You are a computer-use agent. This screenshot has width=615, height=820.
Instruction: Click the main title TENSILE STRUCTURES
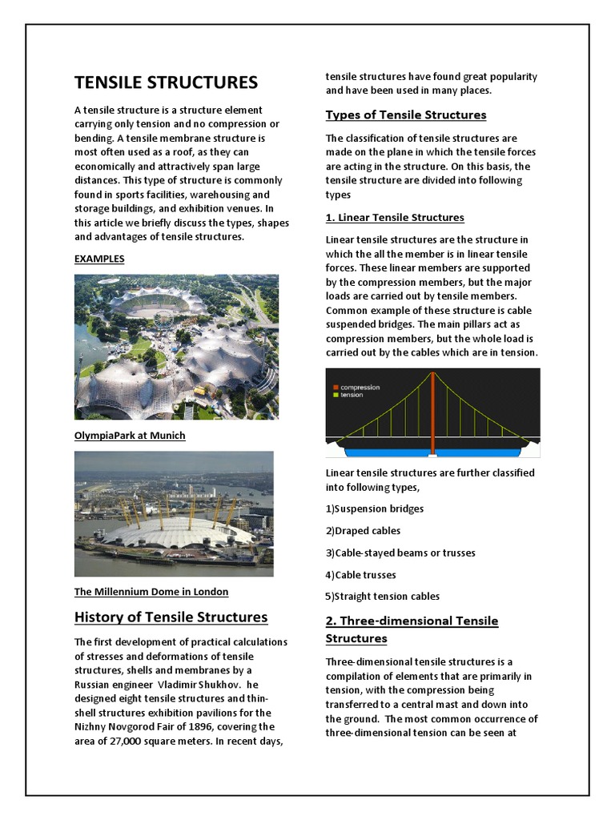click(166, 82)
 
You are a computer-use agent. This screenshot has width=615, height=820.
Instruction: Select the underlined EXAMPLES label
click(99, 259)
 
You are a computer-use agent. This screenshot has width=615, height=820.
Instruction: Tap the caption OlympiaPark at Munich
click(130, 436)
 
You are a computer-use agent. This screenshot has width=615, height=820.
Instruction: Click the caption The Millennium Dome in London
click(151, 592)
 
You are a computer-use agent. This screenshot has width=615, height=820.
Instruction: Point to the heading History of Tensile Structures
click(171, 617)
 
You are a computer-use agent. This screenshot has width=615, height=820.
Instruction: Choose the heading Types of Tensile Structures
click(405, 115)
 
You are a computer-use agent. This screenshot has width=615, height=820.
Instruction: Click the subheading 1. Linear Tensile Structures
click(395, 218)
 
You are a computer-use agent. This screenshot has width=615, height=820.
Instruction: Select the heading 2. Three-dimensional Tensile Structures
click(412, 629)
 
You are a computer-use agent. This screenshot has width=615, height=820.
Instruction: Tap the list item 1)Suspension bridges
click(374, 508)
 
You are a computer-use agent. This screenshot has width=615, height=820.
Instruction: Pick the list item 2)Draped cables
click(363, 530)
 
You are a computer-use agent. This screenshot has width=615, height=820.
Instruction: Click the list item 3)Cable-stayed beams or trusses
click(400, 553)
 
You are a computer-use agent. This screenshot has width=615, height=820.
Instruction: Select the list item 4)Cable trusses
click(360, 574)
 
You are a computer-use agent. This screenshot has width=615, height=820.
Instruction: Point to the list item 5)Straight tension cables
click(382, 596)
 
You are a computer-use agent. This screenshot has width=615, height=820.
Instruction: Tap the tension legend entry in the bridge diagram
click(349, 395)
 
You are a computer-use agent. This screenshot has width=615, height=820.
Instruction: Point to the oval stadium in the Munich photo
click(152, 303)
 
